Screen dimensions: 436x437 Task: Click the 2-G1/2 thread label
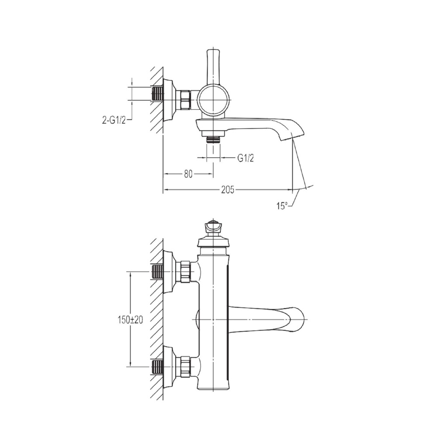114,120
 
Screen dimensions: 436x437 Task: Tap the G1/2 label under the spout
246,158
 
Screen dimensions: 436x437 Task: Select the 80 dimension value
188,174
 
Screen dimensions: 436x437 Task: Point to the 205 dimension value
228,190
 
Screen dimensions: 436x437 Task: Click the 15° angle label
282,206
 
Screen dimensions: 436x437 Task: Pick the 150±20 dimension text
130,320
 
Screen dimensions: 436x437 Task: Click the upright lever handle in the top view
213,67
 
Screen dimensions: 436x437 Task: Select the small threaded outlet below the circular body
213,140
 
